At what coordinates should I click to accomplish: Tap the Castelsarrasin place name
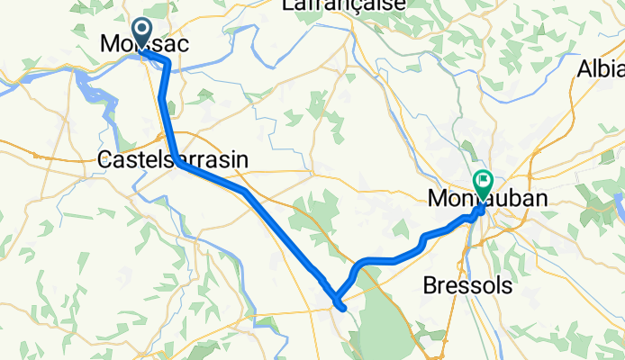tap(171, 159)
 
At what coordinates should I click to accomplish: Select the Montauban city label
tap(489, 196)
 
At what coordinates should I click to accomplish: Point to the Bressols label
tap(467, 286)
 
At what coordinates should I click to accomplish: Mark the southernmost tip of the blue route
tap(343, 308)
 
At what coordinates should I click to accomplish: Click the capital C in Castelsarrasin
tap(103, 159)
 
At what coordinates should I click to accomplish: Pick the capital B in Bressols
tap(430, 286)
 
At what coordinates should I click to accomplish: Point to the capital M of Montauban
tap(438, 196)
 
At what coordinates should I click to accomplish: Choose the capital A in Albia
tap(585, 68)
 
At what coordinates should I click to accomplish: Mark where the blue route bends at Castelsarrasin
tap(179, 164)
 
